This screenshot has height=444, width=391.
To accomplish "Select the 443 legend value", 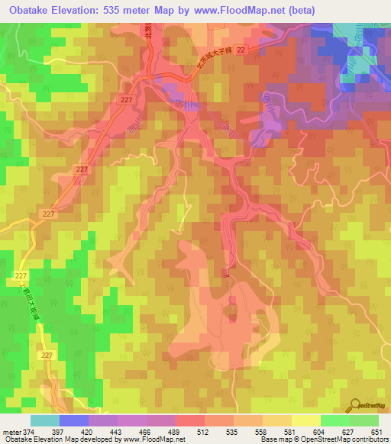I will pos(117,432).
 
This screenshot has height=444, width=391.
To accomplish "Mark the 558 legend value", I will pos(262,432).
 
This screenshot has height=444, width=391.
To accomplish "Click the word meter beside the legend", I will pos(11,432).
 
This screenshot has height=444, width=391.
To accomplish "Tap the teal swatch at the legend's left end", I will pos(45,420).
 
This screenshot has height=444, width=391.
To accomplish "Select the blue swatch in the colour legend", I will pos(74,420).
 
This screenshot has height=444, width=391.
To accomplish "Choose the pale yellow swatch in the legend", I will pos(306,420).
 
